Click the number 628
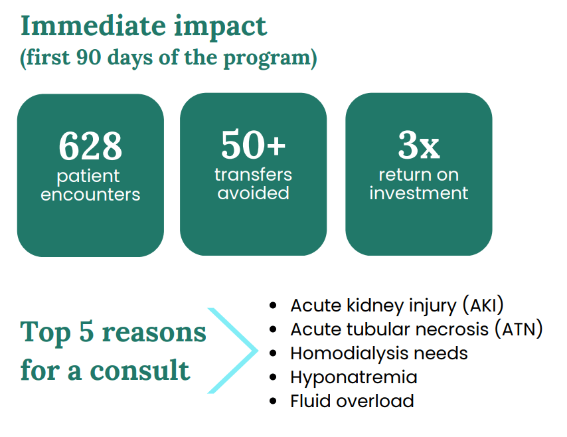90,146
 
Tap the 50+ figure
253,144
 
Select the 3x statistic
419,145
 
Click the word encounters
90,195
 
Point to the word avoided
253,193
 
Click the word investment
419,193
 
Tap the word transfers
253,175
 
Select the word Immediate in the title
94,26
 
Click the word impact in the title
220,27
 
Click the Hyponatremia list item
354,378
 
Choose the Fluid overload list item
352,401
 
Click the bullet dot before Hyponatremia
273,377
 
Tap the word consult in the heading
139,370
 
